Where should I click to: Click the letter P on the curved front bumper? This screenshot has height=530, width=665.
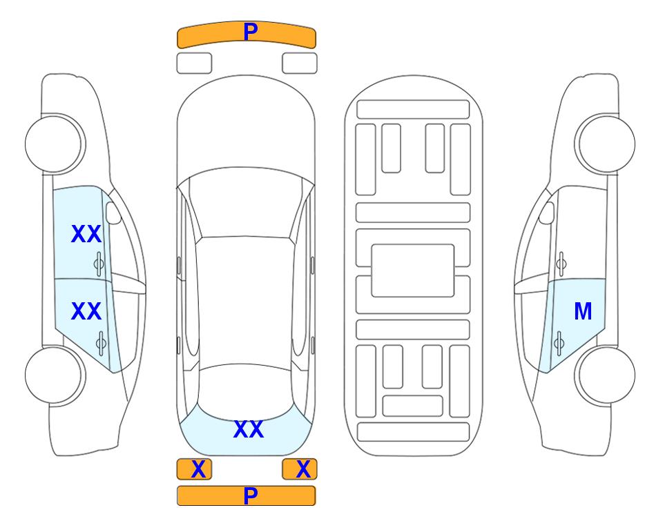click(x=250, y=31)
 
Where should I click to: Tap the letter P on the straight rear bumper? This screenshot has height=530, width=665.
click(x=250, y=495)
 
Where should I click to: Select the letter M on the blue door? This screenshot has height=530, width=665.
click(x=583, y=311)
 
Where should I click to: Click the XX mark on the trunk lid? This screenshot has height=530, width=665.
click(x=249, y=429)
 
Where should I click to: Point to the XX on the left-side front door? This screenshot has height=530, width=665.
click(x=86, y=234)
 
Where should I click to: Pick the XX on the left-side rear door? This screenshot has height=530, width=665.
click(x=86, y=311)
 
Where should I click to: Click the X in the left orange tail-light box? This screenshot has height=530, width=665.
click(x=198, y=469)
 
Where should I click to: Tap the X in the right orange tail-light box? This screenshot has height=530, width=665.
click(x=303, y=469)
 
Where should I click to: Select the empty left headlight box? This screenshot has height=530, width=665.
click(x=194, y=63)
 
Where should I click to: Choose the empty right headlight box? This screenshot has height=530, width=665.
click(x=300, y=63)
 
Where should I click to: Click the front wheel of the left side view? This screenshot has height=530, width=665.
click(x=55, y=144)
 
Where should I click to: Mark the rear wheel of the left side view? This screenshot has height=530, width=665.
click(x=55, y=375)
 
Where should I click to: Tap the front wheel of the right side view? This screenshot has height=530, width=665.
click(x=605, y=144)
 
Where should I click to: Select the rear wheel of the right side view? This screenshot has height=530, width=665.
click(x=605, y=375)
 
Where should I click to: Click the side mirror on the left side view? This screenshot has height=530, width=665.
click(x=113, y=213)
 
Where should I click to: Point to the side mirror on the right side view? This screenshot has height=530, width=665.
click(x=547, y=213)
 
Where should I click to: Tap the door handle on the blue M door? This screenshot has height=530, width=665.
click(x=559, y=343)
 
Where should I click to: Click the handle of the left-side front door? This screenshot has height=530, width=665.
click(x=99, y=264)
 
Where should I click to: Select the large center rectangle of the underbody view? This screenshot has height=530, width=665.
click(x=413, y=271)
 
